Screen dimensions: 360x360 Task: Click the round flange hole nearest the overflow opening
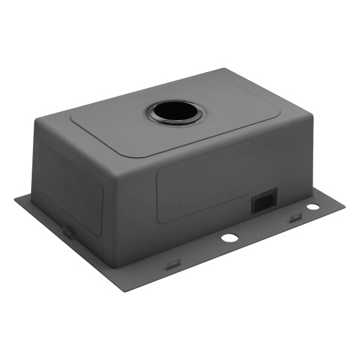[312, 207]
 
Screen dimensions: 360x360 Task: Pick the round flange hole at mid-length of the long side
[229, 237]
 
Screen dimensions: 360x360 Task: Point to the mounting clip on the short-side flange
[67, 231]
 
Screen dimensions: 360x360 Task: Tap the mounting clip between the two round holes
[295, 218]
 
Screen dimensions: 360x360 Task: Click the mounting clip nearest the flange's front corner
[172, 264]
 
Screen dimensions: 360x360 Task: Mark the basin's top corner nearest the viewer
[114, 159]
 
